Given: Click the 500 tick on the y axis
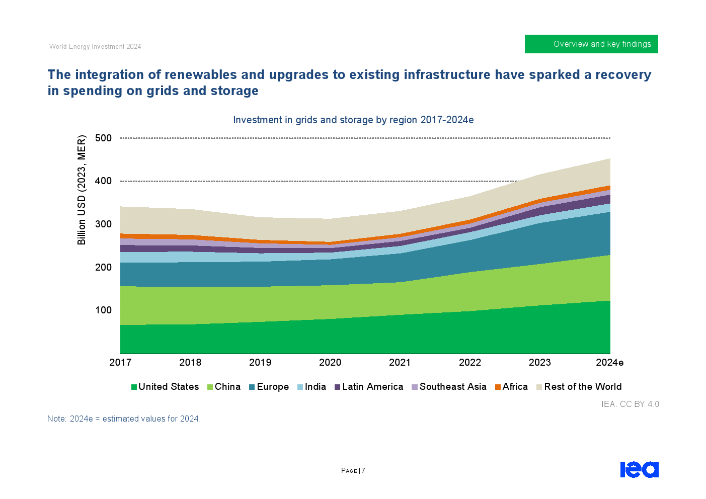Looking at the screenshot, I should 103,138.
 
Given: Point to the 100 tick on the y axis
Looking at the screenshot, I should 103,310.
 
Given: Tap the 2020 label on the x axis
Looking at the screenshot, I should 330,363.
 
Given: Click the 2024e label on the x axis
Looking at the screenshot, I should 609,363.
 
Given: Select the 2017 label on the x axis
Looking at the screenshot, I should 120,363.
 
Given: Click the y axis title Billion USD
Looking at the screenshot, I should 82,190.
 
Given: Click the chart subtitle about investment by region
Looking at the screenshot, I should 353,120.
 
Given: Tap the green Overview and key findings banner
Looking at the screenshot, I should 591,44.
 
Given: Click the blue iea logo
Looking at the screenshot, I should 639,470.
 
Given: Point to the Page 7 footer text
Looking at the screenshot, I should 353,471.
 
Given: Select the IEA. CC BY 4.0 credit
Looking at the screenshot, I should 630,404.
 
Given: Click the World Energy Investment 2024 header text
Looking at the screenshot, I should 95,47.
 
